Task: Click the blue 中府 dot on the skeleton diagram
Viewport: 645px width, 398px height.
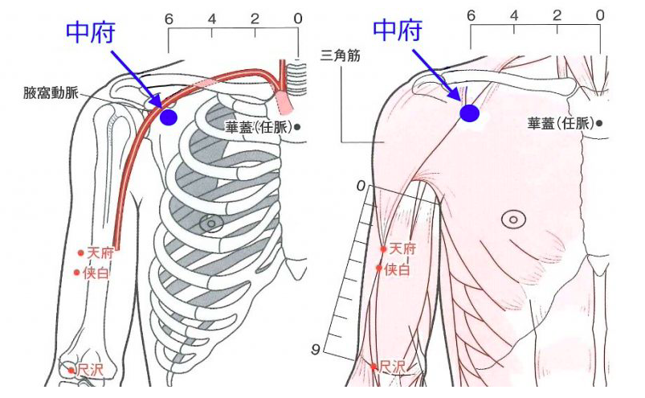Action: tap(169, 117)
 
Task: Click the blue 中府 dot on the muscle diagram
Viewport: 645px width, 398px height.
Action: tap(469, 113)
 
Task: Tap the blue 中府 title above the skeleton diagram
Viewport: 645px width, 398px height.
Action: tap(91, 32)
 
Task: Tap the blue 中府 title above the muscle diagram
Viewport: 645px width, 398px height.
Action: tap(398, 30)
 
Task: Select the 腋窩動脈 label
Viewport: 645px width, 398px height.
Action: tap(51, 93)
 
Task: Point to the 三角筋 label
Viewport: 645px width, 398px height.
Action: tap(341, 55)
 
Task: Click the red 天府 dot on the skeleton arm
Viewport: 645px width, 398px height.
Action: tap(80, 252)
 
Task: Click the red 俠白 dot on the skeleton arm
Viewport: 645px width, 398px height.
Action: tap(76, 273)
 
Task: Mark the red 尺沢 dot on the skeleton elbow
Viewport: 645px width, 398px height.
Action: tap(71, 371)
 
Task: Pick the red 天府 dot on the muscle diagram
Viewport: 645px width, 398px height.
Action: tap(383, 249)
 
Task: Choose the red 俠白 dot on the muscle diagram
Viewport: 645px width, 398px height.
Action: tap(379, 269)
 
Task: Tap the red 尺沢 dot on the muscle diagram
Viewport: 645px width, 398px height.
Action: tap(374, 367)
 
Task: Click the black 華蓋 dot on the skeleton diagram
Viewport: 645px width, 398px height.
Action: tap(297, 127)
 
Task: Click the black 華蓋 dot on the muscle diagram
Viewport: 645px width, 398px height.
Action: tap(599, 123)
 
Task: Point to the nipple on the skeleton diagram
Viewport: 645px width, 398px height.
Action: tap(211, 224)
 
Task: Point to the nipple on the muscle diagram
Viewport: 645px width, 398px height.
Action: tap(513, 220)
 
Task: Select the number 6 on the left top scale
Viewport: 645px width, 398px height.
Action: tap(169, 19)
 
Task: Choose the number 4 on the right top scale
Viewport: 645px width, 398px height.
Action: tap(514, 15)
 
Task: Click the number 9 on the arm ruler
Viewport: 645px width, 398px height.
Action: tap(315, 350)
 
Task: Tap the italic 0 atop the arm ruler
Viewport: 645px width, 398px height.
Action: tap(361, 187)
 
